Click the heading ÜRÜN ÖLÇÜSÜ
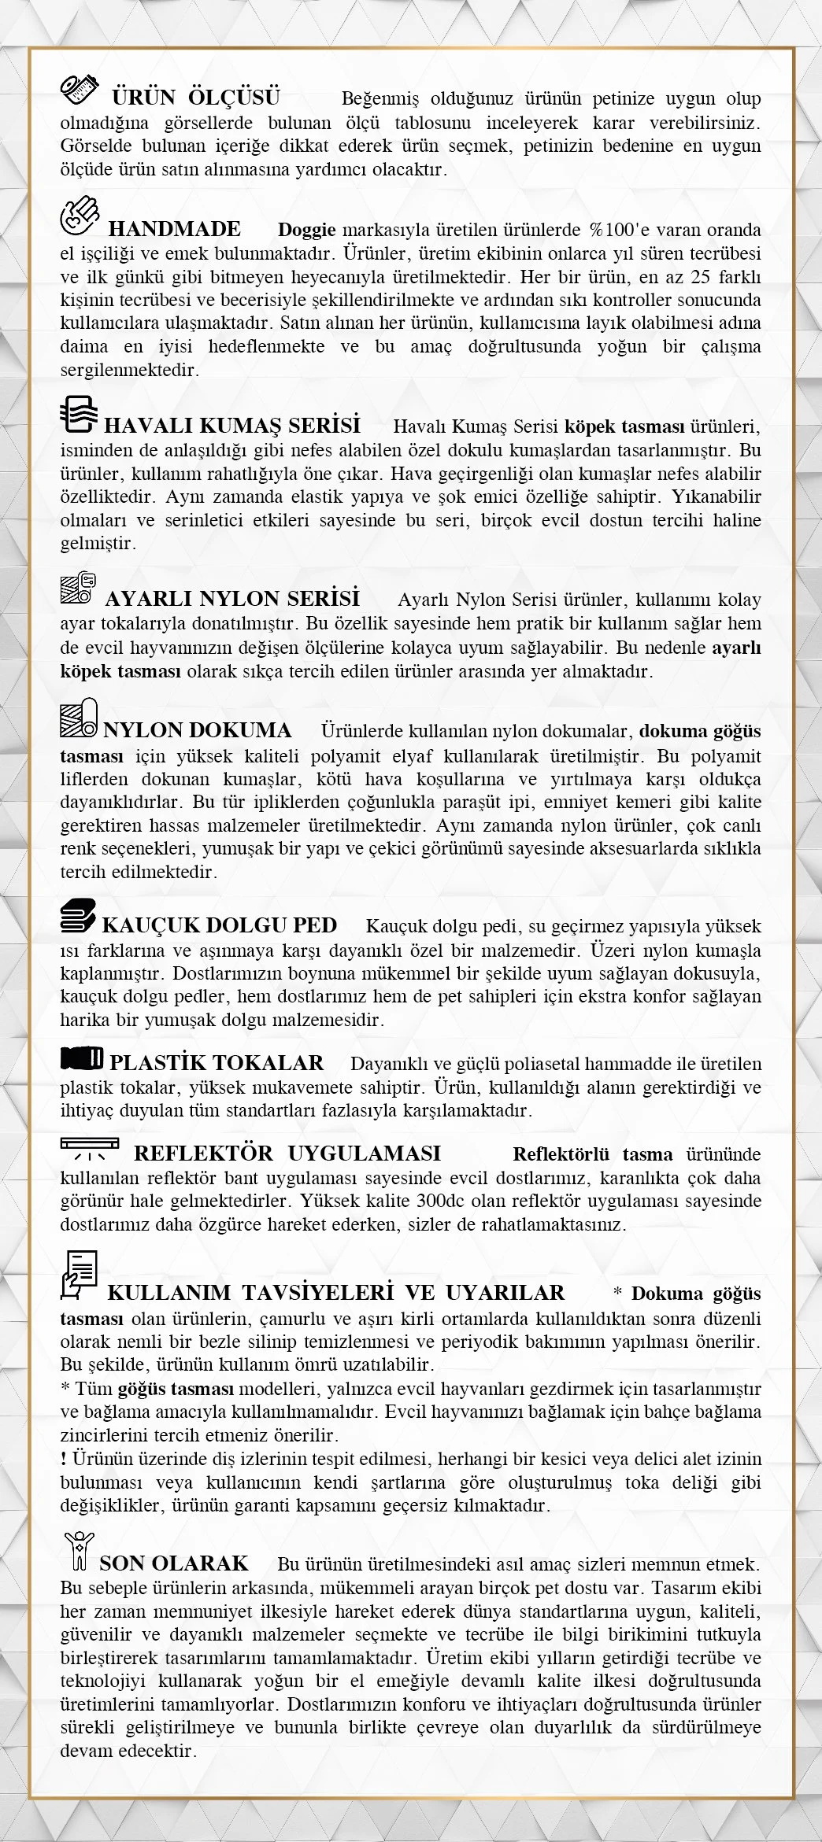click(x=195, y=98)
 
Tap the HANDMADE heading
click(x=174, y=229)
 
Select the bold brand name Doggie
click(x=307, y=230)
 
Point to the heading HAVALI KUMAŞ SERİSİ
click(x=232, y=426)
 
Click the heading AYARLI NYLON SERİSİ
click(x=232, y=598)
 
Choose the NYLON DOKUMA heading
click(x=198, y=730)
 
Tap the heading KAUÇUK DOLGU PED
click(x=220, y=925)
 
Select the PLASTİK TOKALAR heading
click(x=217, y=1063)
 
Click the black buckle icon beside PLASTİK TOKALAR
click(x=81, y=1059)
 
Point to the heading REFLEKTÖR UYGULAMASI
click(x=287, y=1154)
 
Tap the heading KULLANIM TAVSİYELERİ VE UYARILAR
click(x=336, y=1293)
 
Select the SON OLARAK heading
click(x=174, y=1563)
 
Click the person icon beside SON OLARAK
click(x=80, y=1550)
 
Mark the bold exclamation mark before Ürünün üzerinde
click(x=63, y=1458)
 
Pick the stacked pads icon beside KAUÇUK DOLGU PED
click(x=80, y=917)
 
